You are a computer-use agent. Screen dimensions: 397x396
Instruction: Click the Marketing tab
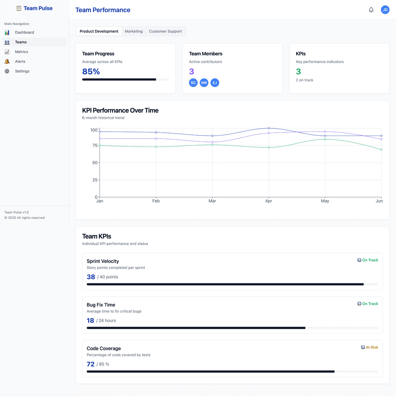(133, 32)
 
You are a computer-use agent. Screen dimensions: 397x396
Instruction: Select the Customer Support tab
(165, 32)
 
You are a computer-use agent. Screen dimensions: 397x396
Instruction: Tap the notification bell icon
(371, 10)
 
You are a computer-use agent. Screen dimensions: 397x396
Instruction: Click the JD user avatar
(385, 10)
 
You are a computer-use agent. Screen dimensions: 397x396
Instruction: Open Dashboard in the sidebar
(24, 33)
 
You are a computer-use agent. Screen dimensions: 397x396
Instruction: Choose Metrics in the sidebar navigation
(21, 52)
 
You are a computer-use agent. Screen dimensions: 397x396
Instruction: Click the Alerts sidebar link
(20, 62)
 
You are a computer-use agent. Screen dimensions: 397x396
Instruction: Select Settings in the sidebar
(22, 71)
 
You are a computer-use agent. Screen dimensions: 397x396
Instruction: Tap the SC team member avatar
(193, 83)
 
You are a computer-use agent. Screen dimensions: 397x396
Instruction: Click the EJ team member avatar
(215, 83)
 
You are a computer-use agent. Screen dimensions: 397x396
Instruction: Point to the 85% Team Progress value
(91, 71)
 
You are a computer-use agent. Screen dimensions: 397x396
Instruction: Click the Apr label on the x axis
(269, 201)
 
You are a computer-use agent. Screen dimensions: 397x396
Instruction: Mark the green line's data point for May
(325, 139)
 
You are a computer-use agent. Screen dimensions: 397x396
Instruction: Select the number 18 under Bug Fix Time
(90, 321)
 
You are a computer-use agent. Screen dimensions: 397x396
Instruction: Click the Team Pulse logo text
(38, 8)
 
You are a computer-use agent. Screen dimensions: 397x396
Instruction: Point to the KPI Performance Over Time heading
(120, 111)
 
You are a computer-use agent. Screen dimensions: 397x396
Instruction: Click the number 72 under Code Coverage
(91, 364)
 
